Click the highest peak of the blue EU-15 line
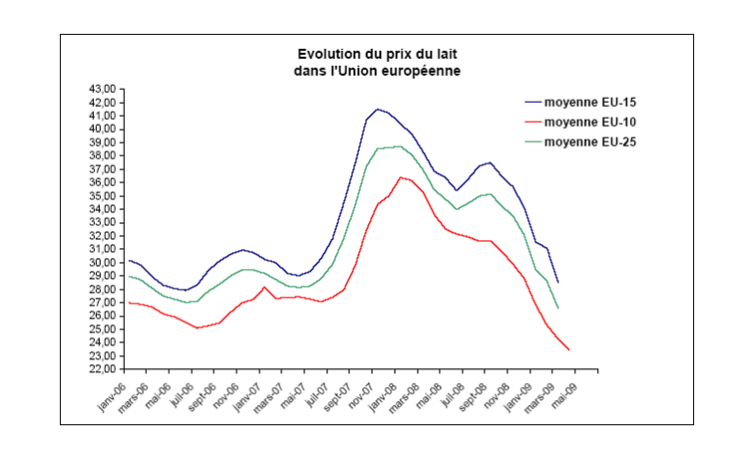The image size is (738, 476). (377, 109)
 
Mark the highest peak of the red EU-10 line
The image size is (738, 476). (400, 177)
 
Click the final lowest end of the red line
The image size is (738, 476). (568, 350)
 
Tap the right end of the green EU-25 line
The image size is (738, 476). (557, 308)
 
